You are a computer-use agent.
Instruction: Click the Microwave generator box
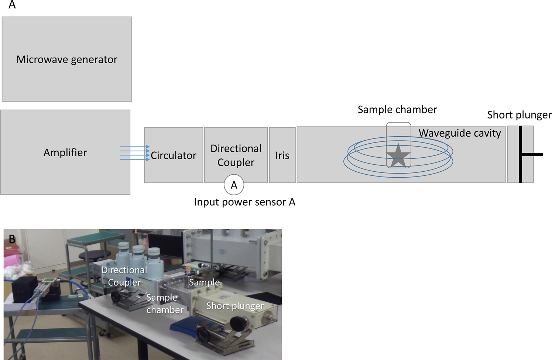(67, 59)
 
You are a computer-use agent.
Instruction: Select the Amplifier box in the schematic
(65, 152)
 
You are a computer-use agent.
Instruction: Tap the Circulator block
(174, 155)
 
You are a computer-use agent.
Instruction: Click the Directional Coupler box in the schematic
(236, 155)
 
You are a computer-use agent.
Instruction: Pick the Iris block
(282, 155)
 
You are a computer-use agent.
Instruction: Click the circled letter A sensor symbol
(234, 185)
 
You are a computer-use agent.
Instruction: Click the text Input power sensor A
(244, 202)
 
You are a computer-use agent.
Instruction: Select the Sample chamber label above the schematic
(397, 110)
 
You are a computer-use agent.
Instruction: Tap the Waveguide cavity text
(460, 133)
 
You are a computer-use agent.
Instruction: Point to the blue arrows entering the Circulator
(134, 153)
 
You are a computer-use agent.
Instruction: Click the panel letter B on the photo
(12, 239)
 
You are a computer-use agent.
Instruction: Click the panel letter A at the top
(12, 5)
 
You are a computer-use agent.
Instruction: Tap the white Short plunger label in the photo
(235, 306)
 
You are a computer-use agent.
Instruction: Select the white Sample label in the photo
(204, 282)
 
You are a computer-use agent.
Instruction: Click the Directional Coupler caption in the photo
(124, 276)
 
